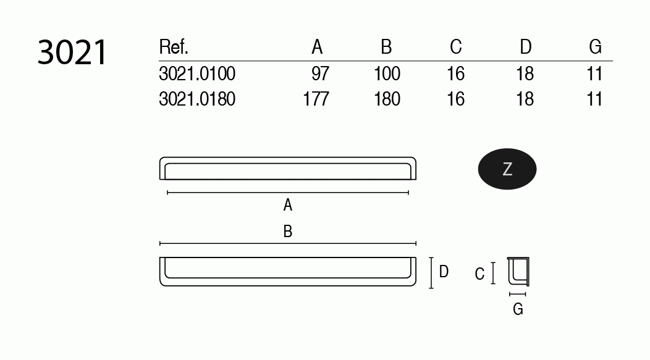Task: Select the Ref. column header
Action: pos(174,47)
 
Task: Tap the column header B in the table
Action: pos(386,47)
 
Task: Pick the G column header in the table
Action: pos(595,47)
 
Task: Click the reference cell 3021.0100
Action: pos(197,74)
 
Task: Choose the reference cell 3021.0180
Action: pos(197,99)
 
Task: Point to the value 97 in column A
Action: pos(321,74)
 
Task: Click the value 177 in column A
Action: pos(316,99)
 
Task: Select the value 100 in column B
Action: pos(387,74)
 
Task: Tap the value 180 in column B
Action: pos(387,99)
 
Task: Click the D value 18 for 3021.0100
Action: pos(525,74)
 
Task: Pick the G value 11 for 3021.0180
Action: pos(594,99)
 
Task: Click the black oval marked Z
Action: pos(507,169)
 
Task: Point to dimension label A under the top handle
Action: pos(287,205)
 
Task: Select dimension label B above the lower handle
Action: pos(287,232)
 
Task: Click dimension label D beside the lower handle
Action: pos(444,272)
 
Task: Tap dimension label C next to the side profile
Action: pos(480,274)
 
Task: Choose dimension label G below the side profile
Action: pos(518,309)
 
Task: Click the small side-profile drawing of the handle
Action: pos(518,272)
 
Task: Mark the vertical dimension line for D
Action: pos(431,273)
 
